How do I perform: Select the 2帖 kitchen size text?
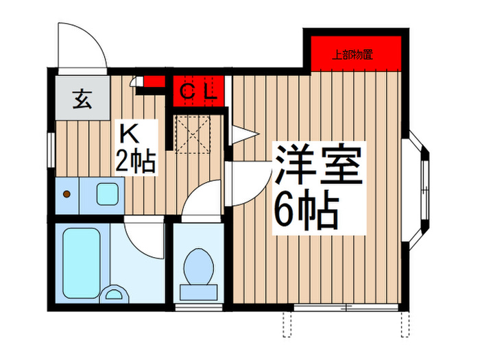point(135,162)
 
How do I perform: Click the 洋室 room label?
point(317,165)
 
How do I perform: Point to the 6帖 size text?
point(307,210)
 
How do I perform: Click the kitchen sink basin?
point(108,194)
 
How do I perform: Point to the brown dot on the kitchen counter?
point(67,194)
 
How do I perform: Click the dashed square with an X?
point(194,135)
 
